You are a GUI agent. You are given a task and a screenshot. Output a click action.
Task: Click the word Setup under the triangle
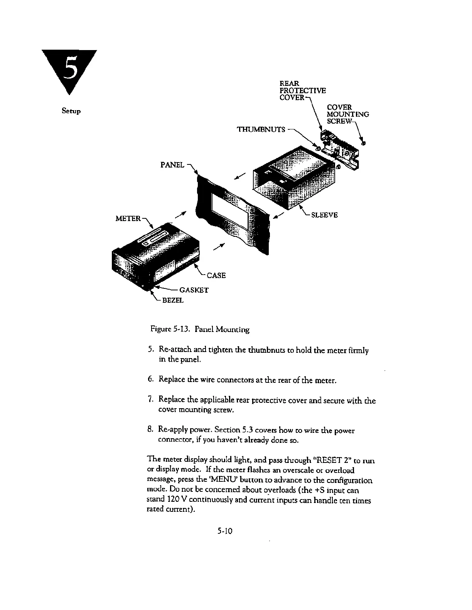pos(71,111)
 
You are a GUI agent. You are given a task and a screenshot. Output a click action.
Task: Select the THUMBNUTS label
pos(261,129)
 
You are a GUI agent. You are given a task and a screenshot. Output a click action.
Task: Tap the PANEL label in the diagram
pos(172,165)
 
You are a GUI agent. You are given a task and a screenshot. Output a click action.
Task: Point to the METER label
pos(128,219)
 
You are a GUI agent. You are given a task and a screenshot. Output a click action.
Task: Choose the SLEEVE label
pos(324,215)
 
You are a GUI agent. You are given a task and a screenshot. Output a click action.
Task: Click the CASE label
pos(216,275)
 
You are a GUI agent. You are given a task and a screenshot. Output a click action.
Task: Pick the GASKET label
pos(194,290)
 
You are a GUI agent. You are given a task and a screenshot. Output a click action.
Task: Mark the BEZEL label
pos(172,300)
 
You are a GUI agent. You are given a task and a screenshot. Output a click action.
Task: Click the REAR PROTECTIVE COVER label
pos(302,90)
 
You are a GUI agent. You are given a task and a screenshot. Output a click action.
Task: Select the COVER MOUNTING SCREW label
pos(347,114)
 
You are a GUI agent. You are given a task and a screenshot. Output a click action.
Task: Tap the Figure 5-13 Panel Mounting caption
pos(200,330)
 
